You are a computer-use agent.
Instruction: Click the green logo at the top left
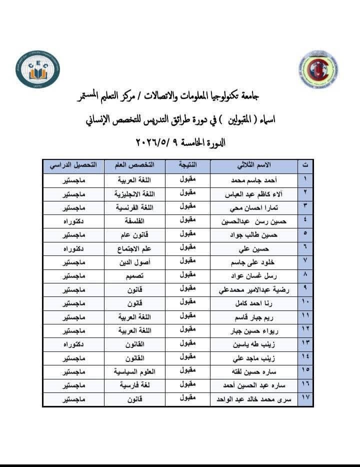[x=37, y=69]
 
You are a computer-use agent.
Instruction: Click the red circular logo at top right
[x=322, y=69]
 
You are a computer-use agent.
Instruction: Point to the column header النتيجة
[x=187, y=164]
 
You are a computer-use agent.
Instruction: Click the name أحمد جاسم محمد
[x=252, y=180]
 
